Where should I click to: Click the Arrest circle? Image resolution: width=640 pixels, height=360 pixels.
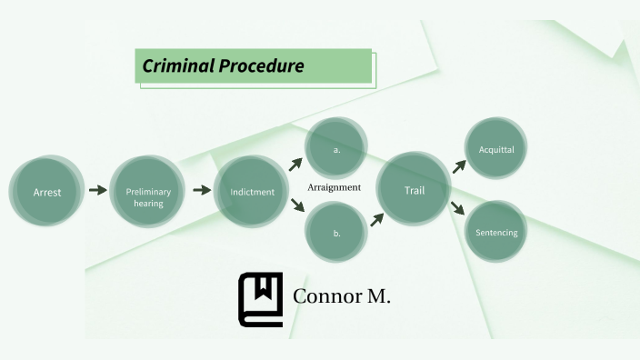(47, 192)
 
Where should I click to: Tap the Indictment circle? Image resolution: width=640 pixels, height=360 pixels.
(252, 192)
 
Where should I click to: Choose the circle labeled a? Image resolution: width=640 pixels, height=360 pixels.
(336, 148)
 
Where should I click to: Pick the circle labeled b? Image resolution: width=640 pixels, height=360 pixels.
(336, 234)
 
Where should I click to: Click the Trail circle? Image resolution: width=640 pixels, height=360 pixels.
(415, 190)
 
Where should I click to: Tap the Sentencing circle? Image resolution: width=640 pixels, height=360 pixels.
(496, 233)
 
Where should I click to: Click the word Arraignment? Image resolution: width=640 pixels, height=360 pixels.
(335, 187)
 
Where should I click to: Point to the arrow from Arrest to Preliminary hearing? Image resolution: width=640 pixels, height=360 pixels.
(97, 191)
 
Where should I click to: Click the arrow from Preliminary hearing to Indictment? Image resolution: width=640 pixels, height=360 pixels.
(200, 191)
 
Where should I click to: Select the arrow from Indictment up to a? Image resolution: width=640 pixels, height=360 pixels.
(295, 165)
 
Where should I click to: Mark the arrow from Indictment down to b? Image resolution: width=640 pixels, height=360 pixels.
(296, 206)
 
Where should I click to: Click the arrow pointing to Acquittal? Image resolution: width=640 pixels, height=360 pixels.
(459, 165)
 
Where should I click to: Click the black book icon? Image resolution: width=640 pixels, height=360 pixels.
(261, 298)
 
